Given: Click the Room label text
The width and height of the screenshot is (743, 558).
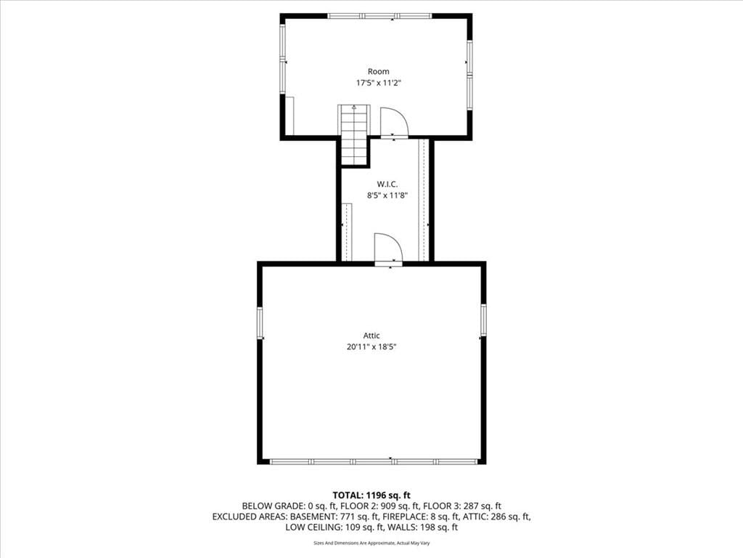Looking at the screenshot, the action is coord(379,72).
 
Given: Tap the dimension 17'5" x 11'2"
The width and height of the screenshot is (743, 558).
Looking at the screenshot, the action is coord(379,83).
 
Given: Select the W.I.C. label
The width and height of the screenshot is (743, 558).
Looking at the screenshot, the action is coord(387,184).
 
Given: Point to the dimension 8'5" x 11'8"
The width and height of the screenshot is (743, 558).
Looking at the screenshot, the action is coord(387,195).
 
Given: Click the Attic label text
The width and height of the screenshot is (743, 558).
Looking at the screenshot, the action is coord(371,336).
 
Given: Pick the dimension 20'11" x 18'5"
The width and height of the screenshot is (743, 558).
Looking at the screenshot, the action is coord(371,347).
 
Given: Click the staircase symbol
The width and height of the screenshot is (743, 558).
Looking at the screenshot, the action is coord(354,134).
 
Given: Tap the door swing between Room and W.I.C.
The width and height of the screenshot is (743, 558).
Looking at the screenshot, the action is coord(394,122).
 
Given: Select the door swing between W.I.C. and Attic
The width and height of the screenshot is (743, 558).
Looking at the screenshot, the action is coord(389,248).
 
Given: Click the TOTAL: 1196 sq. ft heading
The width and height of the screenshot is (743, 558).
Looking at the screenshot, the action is coord(371,496).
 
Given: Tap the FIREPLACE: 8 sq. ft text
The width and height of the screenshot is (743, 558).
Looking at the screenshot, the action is coord(421,517).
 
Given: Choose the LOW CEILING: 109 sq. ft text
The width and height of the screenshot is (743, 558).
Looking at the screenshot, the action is coord(334,527).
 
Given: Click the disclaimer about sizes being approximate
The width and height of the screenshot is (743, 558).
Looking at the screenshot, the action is coord(371,543).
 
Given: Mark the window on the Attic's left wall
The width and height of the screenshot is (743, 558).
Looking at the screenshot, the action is coord(260,323).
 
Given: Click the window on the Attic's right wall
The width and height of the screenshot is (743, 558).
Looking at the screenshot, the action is coord(483,320).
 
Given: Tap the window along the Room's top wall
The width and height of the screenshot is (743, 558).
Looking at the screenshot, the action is coord(379,16).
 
